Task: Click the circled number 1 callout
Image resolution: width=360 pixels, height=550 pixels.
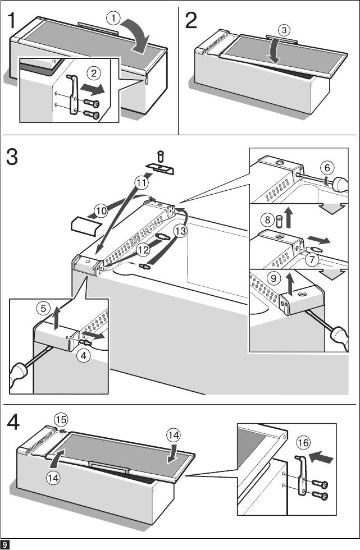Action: (115, 19)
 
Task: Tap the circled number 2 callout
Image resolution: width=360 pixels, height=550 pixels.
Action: (94, 72)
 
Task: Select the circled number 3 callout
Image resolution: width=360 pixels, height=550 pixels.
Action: (285, 30)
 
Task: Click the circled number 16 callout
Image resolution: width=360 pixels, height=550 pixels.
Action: (303, 443)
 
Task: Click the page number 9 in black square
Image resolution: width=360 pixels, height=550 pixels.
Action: (4, 544)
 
